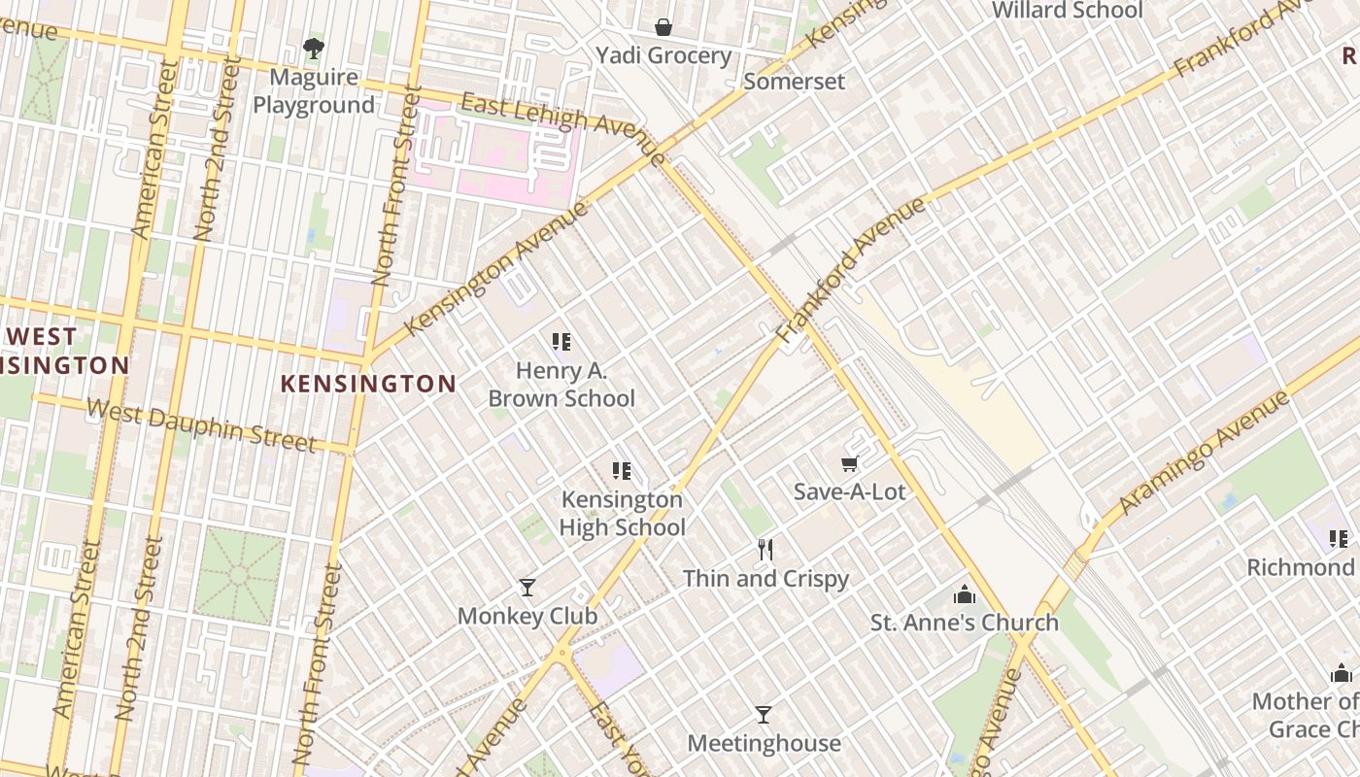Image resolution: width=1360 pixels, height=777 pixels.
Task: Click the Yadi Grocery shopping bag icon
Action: coord(663,26)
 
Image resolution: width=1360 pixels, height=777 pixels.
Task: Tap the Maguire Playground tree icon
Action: coord(313,48)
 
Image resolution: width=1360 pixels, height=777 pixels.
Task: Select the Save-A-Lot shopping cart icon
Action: coord(850,465)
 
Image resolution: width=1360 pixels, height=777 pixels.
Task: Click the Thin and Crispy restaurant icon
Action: coord(765,551)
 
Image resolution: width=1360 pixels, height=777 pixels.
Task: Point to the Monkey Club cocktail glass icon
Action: coord(527,588)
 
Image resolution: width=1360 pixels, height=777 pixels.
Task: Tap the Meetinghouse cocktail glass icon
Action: coord(764,715)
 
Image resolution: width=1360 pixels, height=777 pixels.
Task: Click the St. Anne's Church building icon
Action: coord(964,594)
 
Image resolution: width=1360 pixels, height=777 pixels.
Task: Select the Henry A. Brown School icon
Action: coord(561,342)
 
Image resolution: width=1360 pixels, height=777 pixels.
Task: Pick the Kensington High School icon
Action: coord(622,472)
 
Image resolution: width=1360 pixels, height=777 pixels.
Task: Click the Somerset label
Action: coord(794,82)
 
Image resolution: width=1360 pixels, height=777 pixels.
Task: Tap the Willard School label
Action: coord(1067,11)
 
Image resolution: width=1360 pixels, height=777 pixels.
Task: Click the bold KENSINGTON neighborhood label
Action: coord(368,384)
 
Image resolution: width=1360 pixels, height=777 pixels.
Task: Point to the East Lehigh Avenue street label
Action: coord(563,124)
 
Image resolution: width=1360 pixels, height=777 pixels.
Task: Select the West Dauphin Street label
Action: coord(201,425)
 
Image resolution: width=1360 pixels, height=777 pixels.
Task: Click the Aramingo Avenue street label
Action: coord(1206,453)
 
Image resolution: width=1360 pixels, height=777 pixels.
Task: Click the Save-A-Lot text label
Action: coord(849,492)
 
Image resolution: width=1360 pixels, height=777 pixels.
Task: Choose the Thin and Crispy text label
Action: coord(765,579)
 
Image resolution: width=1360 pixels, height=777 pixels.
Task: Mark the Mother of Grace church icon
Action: coord(1342,673)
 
